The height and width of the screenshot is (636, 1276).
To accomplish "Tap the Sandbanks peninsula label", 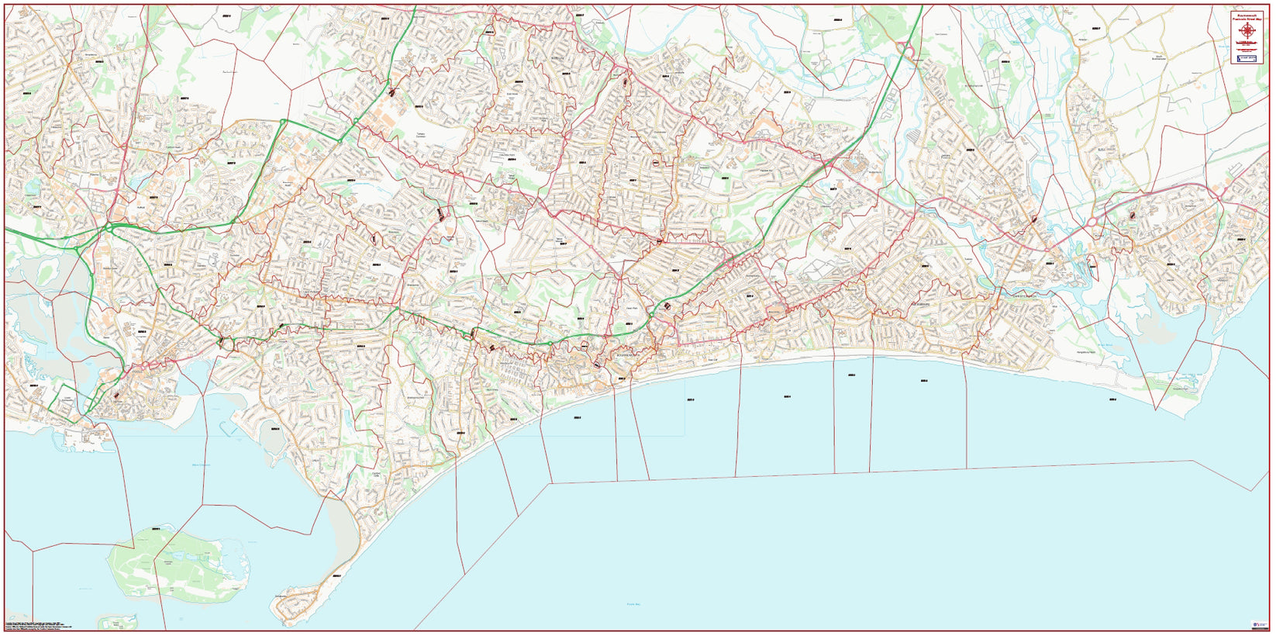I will (x=284, y=596).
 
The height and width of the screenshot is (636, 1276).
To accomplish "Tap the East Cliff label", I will (x=712, y=360).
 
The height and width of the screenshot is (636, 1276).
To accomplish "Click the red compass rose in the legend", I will (x=1247, y=30).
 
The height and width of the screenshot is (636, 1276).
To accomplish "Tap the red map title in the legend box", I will (x=1247, y=16).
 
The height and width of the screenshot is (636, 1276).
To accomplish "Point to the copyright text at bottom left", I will (x=47, y=625).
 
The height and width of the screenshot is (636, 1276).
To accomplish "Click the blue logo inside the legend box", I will (x=1247, y=58).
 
